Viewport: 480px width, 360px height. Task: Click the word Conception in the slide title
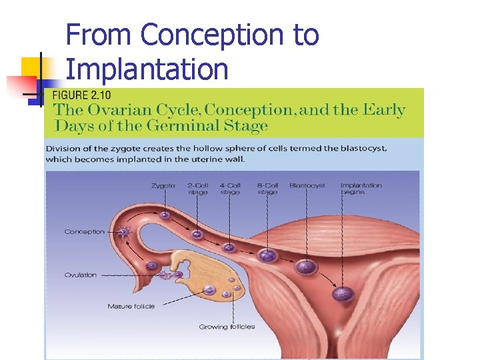(x=212, y=35)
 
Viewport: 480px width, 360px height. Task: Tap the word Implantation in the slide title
(x=147, y=69)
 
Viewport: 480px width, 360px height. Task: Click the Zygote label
(x=163, y=185)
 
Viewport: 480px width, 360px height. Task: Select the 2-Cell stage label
(x=198, y=189)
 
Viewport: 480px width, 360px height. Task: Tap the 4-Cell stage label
(x=230, y=189)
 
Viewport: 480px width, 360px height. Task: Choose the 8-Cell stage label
(x=267, y=189)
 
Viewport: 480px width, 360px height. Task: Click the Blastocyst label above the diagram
(x=307, y=185)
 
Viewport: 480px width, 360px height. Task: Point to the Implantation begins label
(x=361, y=189)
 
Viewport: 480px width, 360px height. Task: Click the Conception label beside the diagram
(x=85, y=232)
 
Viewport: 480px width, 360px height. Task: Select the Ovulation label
(x=81, y=275)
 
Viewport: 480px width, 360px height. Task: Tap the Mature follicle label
(x=131, y=306)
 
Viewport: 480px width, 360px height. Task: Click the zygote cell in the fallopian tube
(x=164, y=215)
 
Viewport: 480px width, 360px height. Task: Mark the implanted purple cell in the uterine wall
(x=343, y=293)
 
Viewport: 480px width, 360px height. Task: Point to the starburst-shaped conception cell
(x=124, y=233)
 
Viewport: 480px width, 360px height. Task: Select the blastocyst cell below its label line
(x=306, y=267)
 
